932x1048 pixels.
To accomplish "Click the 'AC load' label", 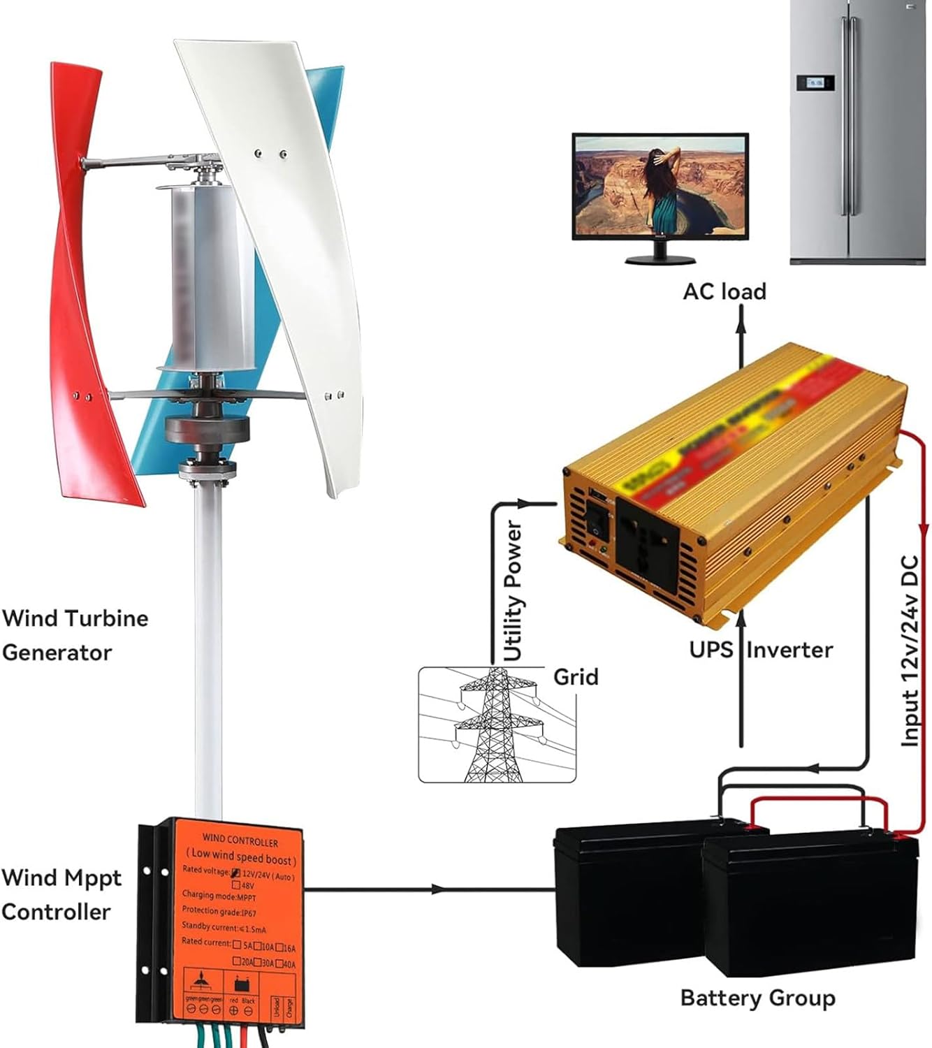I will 725,291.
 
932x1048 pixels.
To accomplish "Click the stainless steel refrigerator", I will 860,133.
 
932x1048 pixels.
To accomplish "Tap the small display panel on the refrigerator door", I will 815,82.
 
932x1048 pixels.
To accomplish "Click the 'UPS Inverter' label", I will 760,650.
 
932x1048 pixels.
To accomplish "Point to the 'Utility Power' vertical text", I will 514,590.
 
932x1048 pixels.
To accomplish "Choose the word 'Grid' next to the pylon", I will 576,676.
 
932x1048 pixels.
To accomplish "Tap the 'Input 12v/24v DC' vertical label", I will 910,650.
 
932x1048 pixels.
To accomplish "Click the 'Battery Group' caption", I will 757,998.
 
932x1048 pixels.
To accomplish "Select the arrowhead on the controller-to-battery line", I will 437,889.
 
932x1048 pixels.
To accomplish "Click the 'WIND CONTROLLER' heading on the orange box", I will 240,840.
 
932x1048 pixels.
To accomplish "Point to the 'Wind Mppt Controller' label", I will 61,894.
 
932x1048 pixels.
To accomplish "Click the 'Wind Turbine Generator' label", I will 74,635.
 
